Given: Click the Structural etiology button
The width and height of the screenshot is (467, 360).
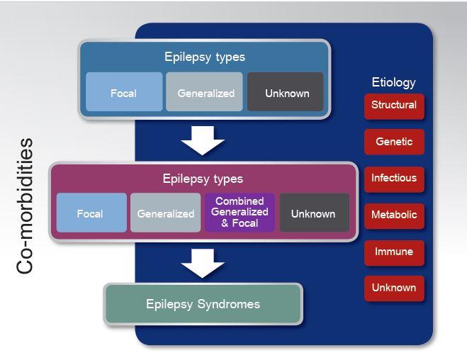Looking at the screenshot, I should (394, 106).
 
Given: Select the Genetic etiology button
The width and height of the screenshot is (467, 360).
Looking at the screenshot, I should (394, 142).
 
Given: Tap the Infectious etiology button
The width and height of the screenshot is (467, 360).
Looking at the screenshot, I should (394, 179).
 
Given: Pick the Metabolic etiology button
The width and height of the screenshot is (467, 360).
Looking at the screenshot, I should (394, 215).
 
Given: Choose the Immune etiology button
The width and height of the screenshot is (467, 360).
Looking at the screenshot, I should (394, 252).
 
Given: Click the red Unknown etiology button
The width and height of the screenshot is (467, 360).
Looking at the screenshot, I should (394, 288).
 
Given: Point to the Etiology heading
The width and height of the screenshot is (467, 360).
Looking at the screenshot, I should (393, 82).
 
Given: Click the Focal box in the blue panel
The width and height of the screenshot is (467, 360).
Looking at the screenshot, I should (124, 93).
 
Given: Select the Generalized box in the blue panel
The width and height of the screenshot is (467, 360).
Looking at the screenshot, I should (205, 93).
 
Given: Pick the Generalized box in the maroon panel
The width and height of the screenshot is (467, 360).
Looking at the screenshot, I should (166, 213).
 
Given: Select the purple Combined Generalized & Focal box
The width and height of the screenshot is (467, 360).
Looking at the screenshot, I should (240, 212).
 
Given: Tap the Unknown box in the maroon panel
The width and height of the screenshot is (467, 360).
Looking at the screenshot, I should (313, 213).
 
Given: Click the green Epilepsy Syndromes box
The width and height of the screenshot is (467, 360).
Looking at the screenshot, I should (203, 305).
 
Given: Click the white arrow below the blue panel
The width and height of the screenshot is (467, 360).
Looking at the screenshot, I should (203, 142).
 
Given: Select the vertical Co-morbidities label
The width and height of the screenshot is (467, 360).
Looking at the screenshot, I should (26, 206).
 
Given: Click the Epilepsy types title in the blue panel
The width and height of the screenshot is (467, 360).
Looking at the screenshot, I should (204, 57).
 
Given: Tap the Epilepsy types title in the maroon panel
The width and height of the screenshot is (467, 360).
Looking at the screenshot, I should (203, 179).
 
